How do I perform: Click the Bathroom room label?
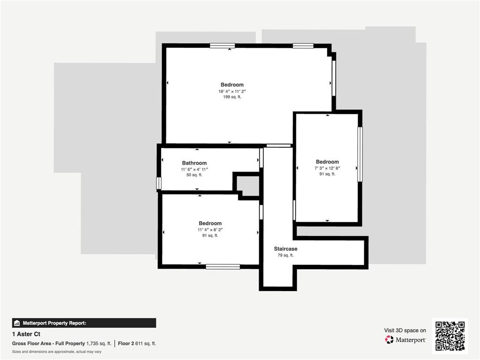tap(194, 163)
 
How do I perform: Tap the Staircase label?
tap(285, 249)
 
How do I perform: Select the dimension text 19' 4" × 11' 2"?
tap(232, 91)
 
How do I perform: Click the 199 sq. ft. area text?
tap(232, 97)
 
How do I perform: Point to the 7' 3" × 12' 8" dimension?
tap(327, 168)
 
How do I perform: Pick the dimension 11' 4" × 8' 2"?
tap(210, 230)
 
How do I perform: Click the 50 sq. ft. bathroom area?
tap(194, 175)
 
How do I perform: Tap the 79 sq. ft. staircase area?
tap(285, 255)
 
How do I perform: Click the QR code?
tap(450, 336)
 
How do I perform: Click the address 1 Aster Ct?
tap(26, 334)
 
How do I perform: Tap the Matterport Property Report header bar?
tap(84, 323)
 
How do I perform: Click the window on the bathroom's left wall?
tap(159, 183)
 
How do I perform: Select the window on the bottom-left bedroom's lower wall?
tap(223, 266)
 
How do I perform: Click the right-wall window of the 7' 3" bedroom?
tap(360, 154)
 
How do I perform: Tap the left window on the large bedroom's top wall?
tap(222, 45)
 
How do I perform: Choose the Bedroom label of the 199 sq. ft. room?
tap(232, 85)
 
